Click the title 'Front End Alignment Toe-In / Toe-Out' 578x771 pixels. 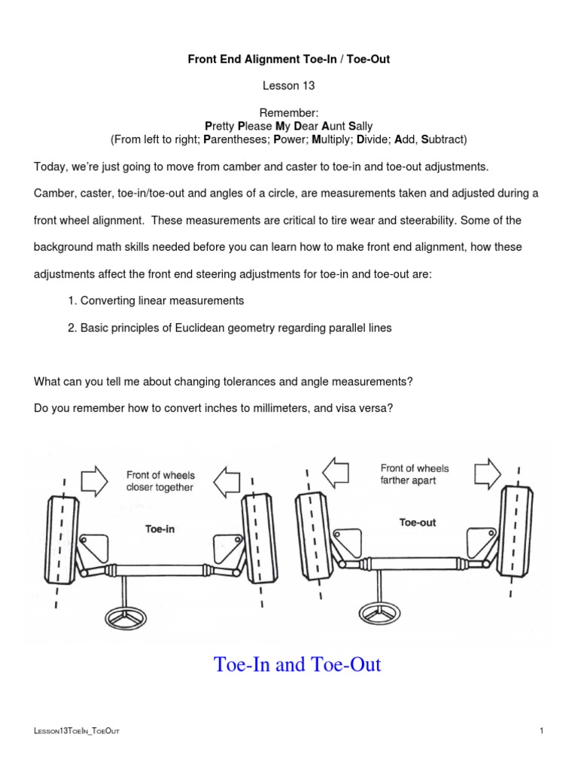(x=288, y=59)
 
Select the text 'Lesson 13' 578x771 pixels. (x=288, y=86)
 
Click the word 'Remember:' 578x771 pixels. (x=288, y=112)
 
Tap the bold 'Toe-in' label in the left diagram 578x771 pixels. (x=160, y=529)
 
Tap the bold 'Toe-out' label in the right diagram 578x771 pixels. (x=417, y=522)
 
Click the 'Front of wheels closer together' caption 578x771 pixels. (x=160, y=481)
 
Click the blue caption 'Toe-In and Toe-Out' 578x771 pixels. (x=297, y=665)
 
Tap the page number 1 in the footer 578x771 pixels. (x=541, y=730)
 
